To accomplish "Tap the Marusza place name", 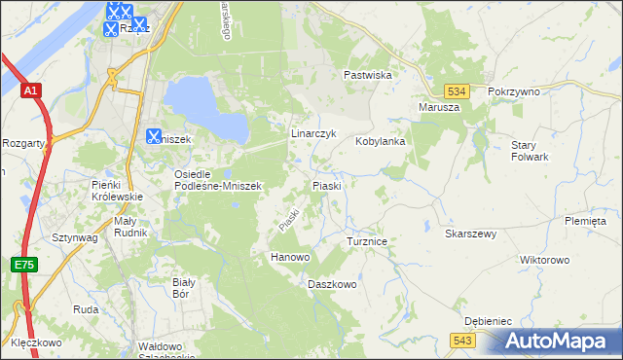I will [438, 107].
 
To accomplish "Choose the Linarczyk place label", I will [313, 133].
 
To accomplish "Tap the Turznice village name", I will [368, 239].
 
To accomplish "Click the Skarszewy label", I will [471, 234].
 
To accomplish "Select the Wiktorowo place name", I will [544, 261].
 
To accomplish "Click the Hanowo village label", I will [289, 257].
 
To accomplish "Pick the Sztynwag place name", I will [74, 236].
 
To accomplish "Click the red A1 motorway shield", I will [31, 90].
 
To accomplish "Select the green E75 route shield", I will [24, 265].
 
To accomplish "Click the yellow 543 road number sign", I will [463, 339].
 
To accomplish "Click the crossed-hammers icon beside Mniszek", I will [154, 137].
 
